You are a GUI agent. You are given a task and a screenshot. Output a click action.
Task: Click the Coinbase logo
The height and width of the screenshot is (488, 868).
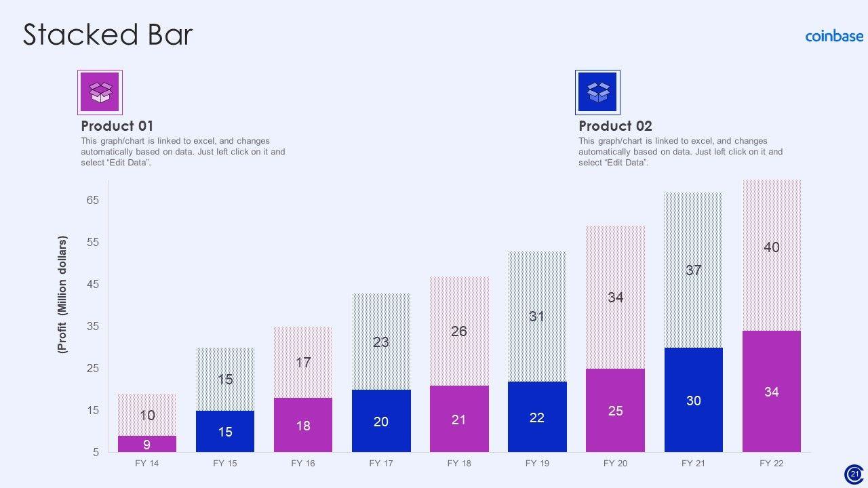[834, 36]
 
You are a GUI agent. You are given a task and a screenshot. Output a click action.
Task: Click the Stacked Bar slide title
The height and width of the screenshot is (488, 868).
[108, 35]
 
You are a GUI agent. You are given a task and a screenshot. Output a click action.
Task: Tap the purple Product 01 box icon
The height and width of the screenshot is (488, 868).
[100, 91]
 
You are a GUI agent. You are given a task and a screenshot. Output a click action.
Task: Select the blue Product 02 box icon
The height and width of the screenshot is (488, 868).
[597, 91]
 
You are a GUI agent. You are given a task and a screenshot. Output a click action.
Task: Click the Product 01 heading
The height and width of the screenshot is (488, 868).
[117, 126]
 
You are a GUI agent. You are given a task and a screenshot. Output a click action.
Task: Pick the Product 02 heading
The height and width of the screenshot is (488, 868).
[615, 126]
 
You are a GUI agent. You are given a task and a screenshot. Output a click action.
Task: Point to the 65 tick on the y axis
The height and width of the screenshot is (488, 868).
[93, 201]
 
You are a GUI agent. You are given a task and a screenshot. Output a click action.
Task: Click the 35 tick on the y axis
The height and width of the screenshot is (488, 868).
[93, 327]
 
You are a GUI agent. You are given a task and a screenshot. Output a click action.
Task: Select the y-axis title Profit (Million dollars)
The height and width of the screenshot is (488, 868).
[63, 295]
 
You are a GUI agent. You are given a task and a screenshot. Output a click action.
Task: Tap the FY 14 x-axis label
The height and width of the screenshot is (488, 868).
[146, 464]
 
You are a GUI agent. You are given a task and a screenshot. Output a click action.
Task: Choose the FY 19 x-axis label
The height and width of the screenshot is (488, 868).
[537, 464]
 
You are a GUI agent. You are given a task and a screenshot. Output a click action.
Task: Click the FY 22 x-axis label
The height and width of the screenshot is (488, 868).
[771, 464]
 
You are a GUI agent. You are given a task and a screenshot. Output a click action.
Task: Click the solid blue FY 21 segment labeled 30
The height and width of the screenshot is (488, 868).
[693, 400]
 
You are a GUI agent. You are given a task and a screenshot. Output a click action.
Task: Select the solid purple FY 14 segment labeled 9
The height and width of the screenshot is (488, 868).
[146, 444]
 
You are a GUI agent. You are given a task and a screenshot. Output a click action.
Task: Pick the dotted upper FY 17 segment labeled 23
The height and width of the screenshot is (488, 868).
[381, 342]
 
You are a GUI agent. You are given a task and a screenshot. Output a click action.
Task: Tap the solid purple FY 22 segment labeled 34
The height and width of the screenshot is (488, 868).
[771, 392]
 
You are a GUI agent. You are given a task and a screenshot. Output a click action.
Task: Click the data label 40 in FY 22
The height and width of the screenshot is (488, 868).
[771, 247]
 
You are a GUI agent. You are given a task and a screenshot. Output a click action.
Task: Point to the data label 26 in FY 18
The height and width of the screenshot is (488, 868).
[459, 331]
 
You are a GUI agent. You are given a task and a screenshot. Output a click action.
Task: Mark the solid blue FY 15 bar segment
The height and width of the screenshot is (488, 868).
[225, 432]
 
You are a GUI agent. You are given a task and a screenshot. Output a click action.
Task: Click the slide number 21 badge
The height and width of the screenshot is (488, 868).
[854, 474]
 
